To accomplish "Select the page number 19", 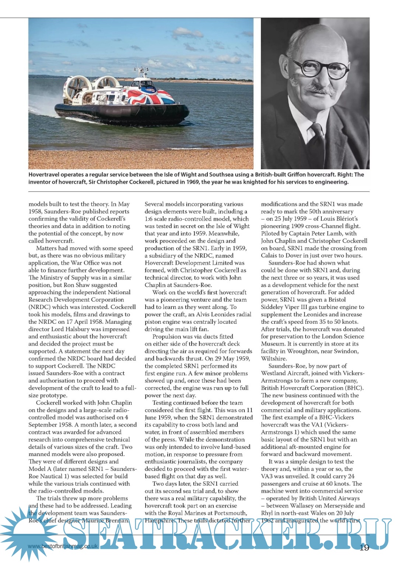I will [364, 548].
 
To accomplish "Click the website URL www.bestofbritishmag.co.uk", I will [63, 546].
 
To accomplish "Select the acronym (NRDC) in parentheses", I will [38, 307].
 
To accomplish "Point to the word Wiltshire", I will [274, 358].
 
